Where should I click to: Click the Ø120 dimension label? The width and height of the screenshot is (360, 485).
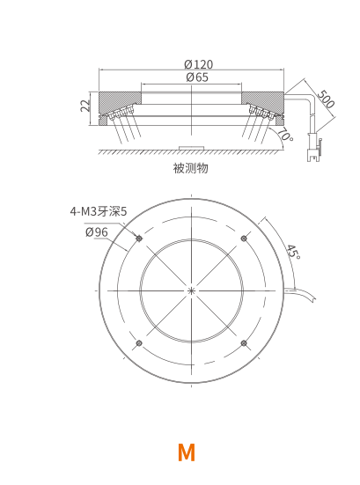199,64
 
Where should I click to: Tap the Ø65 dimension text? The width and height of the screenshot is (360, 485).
197,77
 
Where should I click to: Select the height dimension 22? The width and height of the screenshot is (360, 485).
85,106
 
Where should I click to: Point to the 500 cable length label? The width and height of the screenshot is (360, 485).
326,99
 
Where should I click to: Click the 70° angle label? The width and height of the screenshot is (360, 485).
285,135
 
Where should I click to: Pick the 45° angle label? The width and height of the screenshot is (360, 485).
293,252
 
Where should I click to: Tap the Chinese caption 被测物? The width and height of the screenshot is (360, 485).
190,168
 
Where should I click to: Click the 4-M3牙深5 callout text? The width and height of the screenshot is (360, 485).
99,211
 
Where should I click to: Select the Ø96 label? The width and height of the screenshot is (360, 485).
97,232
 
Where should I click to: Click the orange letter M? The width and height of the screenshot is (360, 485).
187,452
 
